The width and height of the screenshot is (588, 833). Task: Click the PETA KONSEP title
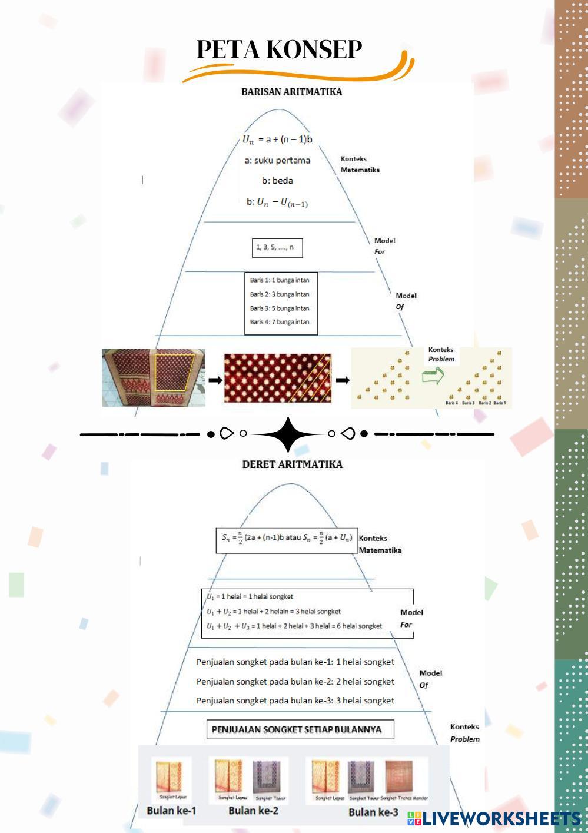point(279,49)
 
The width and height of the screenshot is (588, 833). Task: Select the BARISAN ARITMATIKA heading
point(291,92)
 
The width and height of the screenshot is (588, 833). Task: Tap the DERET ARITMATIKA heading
point(292,464)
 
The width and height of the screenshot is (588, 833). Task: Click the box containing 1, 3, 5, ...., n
point(277,248)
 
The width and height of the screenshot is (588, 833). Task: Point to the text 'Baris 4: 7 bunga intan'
point(280,322)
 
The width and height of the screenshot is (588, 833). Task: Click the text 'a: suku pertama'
point(277,160)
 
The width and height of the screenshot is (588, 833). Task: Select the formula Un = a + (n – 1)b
point(277,140)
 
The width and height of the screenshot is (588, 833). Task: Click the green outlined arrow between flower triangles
point(433,376)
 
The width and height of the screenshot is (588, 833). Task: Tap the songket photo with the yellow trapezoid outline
point(154,377)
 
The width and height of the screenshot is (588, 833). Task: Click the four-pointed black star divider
point(288,435)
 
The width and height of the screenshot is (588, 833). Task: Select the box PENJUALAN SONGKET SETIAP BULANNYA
point(300,730)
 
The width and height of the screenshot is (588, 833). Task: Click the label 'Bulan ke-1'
point(171,811)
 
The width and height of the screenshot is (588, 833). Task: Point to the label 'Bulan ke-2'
point(253,811)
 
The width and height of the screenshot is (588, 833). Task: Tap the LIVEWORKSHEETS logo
point(494,819)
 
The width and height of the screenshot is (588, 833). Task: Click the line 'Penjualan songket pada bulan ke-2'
point(295,682)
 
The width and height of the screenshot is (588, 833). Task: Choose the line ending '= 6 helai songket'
point(294,626)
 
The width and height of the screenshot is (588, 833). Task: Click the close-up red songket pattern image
point(277,378)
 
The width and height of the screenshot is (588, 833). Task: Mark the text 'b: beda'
point(277,181)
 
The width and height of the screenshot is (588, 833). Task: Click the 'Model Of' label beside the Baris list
point(406,301)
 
